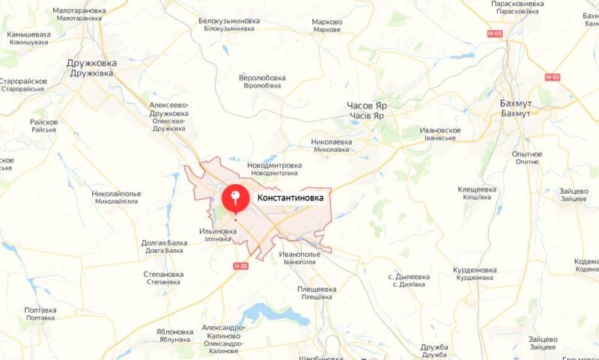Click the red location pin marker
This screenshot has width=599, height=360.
tap(236, 198)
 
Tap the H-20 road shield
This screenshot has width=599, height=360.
tap(240, 266)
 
